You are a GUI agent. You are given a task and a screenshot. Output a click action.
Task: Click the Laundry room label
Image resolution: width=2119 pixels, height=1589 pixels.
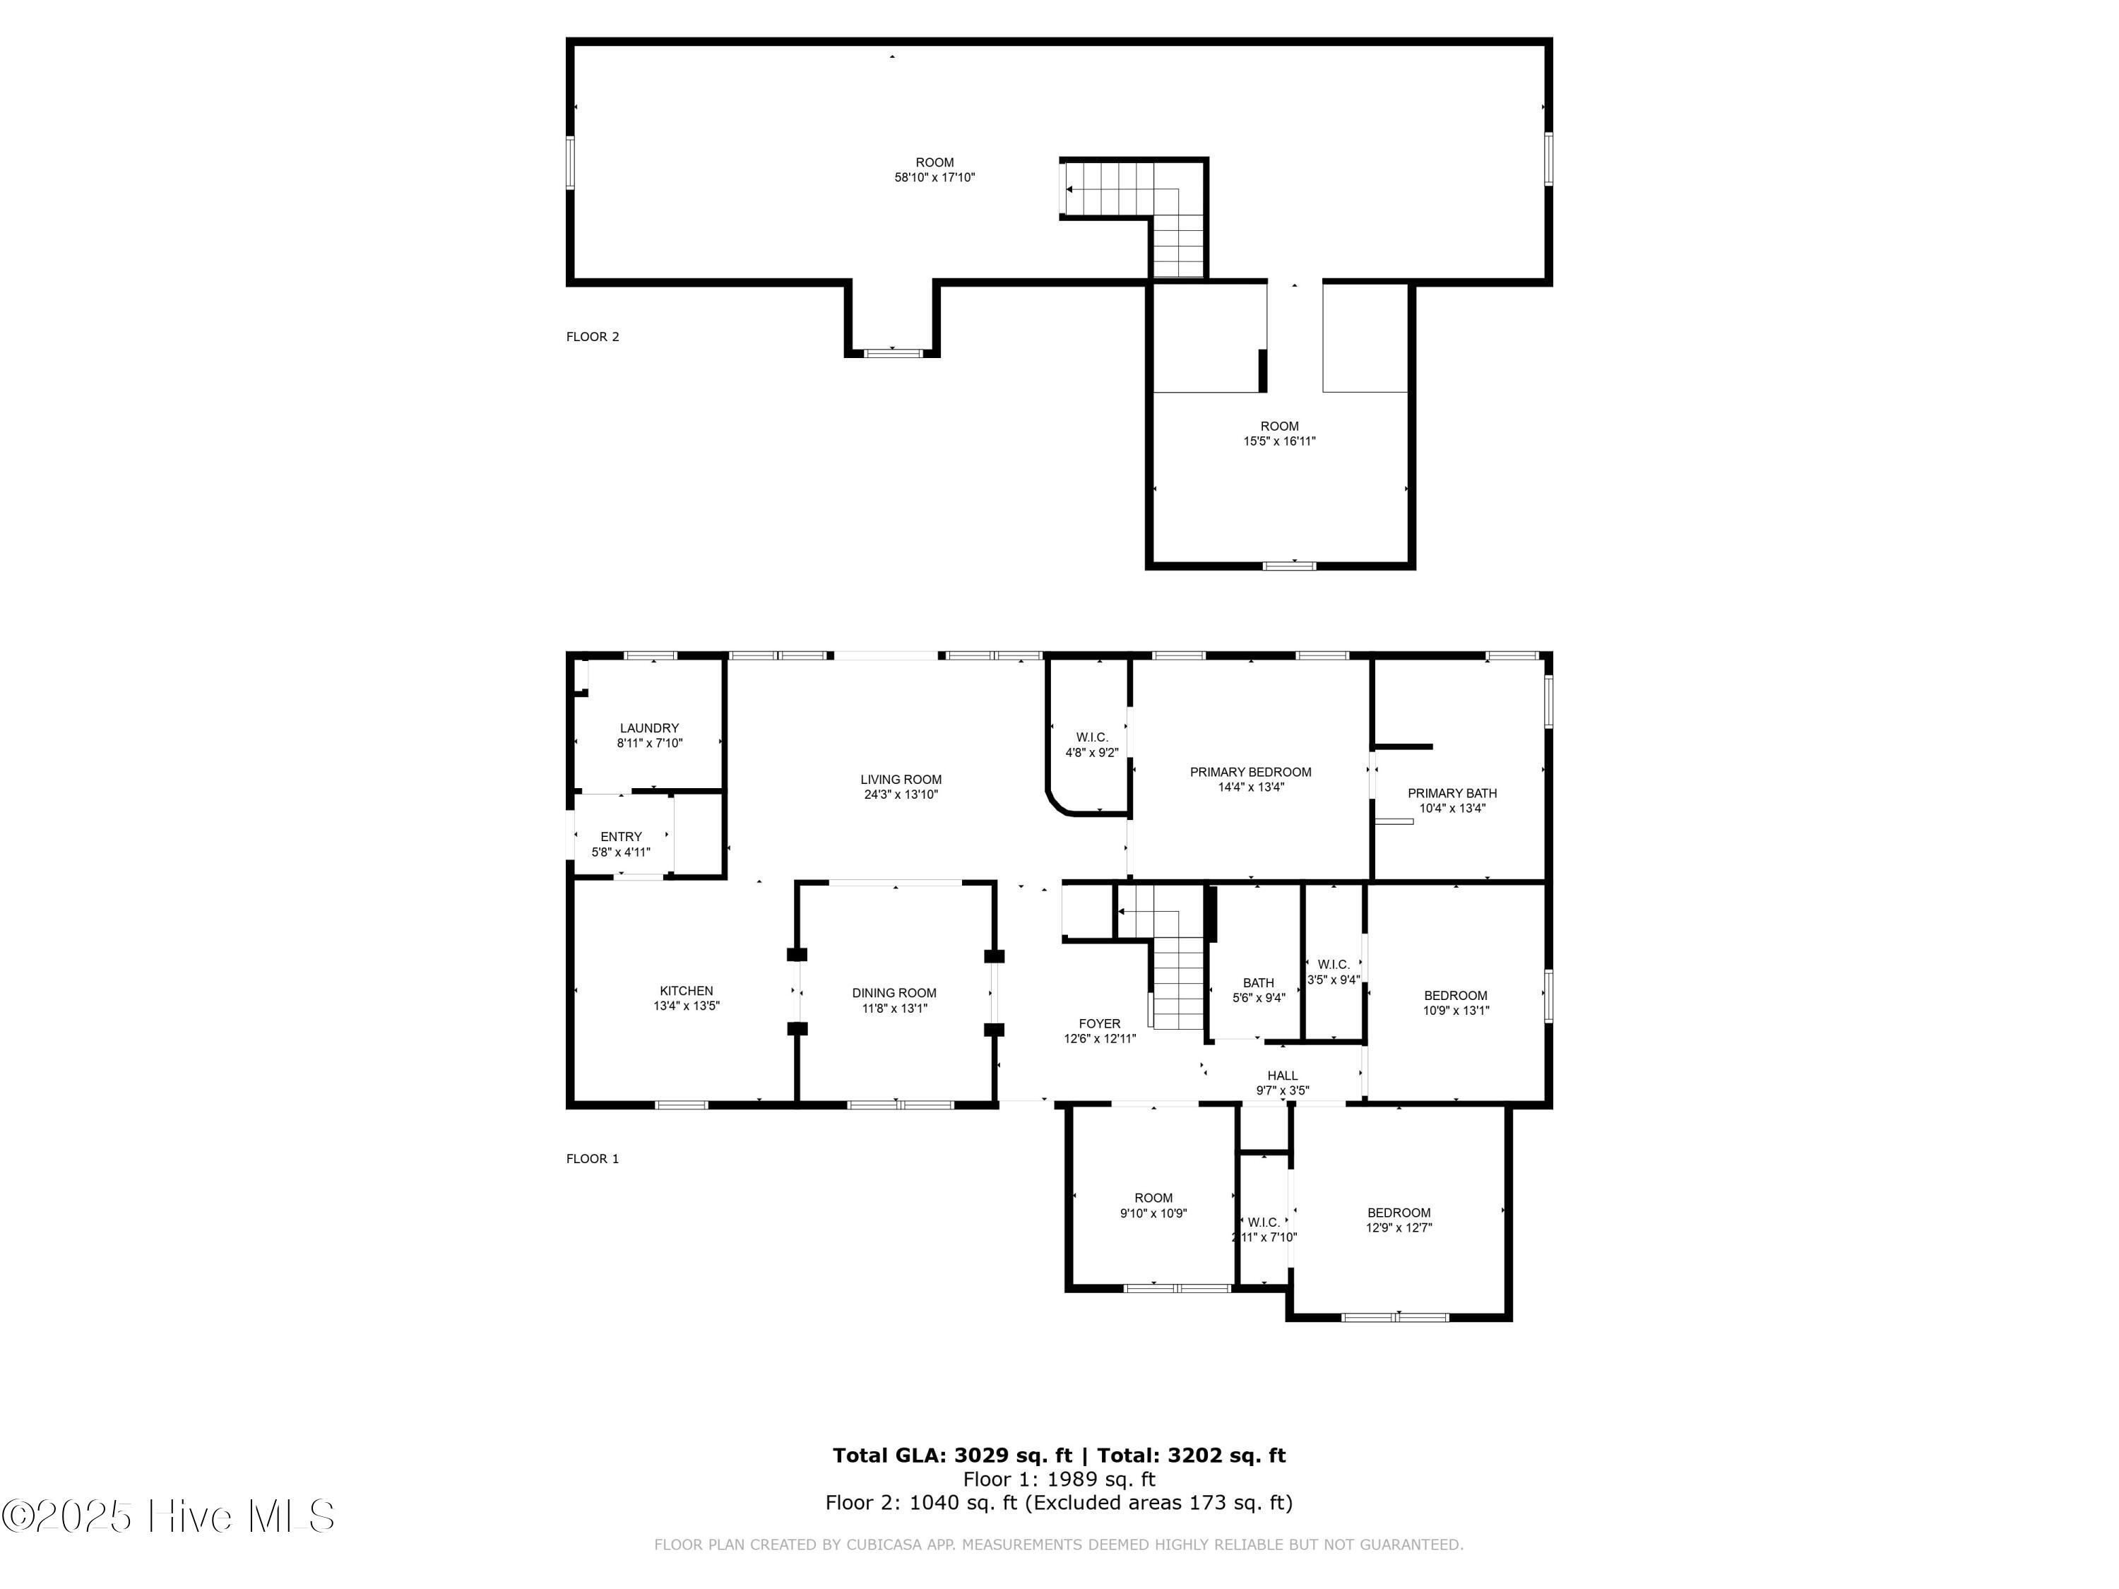(650, 728)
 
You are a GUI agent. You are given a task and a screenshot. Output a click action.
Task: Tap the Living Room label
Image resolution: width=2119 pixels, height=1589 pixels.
(901, 780)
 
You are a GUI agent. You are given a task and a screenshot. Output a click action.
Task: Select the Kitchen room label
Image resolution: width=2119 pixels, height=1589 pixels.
(686, 990)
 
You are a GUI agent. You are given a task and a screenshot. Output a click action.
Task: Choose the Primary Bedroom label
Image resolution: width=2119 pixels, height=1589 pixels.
(1250, 772)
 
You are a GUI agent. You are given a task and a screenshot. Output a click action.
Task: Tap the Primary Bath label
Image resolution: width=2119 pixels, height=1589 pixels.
(1452, 793)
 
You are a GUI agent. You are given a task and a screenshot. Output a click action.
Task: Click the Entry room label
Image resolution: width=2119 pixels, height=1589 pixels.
(621, 836)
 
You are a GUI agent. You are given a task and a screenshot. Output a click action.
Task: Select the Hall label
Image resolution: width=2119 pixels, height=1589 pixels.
(1283, 1075)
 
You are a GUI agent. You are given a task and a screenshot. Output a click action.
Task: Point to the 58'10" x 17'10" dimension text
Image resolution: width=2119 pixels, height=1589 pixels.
(935, 177)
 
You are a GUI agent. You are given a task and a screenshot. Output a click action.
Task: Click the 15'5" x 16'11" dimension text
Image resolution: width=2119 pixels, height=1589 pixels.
(1280, 441)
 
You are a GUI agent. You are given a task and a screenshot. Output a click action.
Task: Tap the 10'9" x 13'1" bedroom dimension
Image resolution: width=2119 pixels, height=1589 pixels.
(1456, 1011)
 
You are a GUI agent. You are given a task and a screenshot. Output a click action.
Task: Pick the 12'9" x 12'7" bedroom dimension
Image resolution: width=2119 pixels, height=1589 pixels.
(1399, 1228)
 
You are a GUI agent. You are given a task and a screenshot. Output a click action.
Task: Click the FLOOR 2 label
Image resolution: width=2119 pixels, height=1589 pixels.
(593, 336)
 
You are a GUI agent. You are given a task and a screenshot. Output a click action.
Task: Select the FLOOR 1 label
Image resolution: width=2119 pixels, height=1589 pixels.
(593, 1158)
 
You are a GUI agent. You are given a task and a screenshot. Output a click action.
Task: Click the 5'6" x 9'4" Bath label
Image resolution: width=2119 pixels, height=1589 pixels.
(1259, 990)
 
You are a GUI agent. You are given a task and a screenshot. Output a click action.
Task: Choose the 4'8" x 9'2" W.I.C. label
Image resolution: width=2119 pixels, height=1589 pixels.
(1092, 745)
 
